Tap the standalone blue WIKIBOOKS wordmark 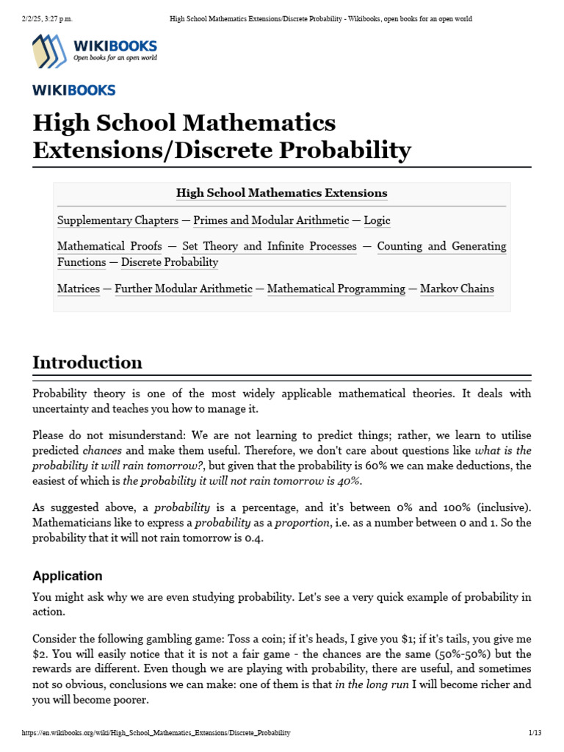[74, 90]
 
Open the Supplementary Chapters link [117, 220]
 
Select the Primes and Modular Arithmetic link [271, 220]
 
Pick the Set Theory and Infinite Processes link [270, 246]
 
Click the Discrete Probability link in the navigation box [169, 262]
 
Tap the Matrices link [79, 289]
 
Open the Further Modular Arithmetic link [184, 289]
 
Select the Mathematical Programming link [336, 289]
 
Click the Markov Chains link [457, 289]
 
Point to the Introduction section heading [87, 363]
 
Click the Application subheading [68, 576]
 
